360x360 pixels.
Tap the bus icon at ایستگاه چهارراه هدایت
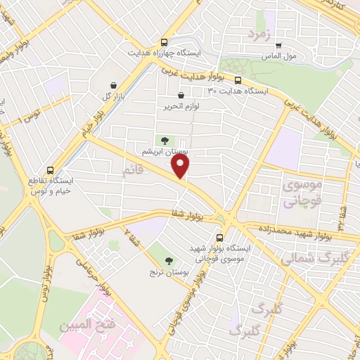click(x=165, y=42)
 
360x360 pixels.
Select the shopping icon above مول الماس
click(x=278, y=44)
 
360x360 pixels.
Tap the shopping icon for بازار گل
click(x=113, y=85)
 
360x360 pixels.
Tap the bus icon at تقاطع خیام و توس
click(x=50, y=169)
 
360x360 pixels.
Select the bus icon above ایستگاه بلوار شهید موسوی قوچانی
click(x=220, y=238)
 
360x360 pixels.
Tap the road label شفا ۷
click(x=131, y=240)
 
